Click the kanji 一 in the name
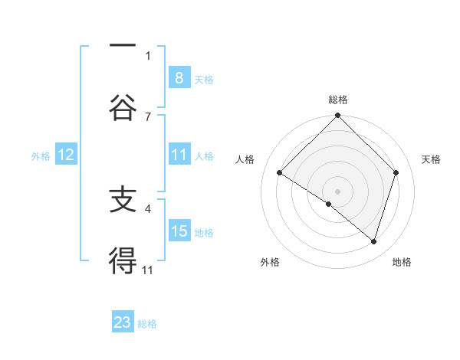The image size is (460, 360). [x=123, y=47]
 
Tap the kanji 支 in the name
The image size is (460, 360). [x=123, y=200]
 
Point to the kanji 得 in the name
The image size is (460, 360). [x=123, y=261]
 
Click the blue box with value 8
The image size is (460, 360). [x=179, y=77]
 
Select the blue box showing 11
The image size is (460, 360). [x=179, y=155]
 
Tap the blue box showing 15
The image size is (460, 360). [x=179, y=231]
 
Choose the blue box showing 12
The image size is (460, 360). [x=66, y=155]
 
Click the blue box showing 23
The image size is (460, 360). [x=123, y=322]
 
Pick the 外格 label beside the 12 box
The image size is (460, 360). [x=41, y=155]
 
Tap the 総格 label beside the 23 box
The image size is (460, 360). [x=147, y=324]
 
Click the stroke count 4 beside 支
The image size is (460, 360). [x=148, y=208]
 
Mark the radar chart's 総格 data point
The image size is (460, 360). [x=337, y=116]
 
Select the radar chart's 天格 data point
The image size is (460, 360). [x=396, y=172]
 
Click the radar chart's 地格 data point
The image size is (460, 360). [x=374, y=242]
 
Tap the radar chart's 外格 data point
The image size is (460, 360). [x=329, y=204]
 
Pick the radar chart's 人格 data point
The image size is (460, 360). [x=279, y=173]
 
